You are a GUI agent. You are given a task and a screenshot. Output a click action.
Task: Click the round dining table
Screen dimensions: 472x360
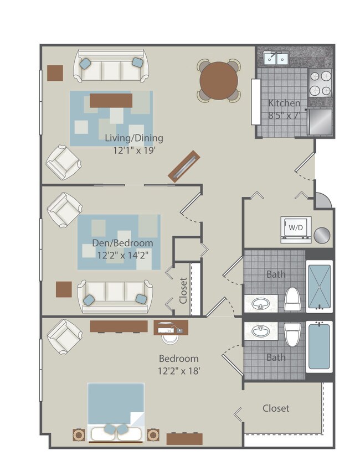tap(219, 81)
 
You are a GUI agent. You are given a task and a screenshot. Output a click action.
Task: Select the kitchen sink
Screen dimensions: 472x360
tap(275, 58)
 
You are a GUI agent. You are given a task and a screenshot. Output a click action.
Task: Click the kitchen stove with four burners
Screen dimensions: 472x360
tap(320, 84)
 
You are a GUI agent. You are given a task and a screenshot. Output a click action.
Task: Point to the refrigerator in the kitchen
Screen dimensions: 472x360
tap(321, 122)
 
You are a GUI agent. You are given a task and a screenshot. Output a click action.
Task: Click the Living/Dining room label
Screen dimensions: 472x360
tap(134, 138)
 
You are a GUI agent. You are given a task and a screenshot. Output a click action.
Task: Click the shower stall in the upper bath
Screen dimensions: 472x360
tap(320, 286)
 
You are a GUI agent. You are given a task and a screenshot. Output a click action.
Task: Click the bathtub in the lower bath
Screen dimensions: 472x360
tap(320, 347)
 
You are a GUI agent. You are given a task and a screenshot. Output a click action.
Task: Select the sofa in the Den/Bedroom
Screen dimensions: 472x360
tap(115, 295)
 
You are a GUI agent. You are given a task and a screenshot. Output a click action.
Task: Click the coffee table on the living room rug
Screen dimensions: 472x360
tap(111, 100)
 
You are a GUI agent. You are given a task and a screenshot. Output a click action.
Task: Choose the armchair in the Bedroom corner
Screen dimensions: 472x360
tap(64, 338)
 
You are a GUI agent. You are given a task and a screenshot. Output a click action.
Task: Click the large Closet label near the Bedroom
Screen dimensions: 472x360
tap(276, 408)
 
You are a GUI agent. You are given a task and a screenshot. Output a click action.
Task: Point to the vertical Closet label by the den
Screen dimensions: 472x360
tap(183, 291)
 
